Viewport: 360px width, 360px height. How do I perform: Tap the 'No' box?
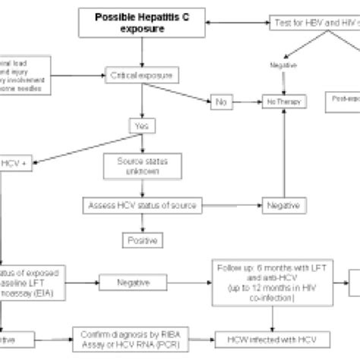tap(222, 100)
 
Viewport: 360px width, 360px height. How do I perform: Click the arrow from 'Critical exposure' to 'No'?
tap(190, 89)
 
